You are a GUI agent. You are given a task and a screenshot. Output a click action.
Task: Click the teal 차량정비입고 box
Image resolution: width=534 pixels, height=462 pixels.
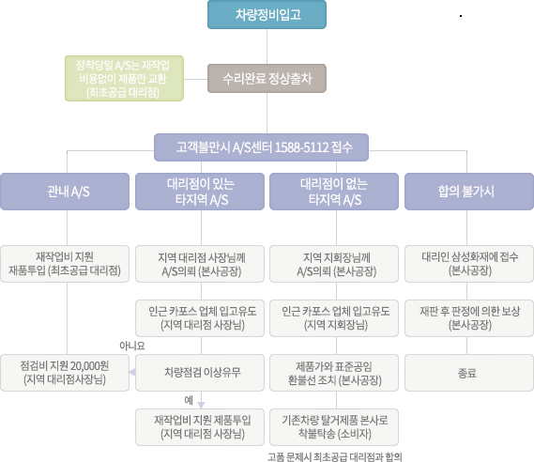tap(267, 14)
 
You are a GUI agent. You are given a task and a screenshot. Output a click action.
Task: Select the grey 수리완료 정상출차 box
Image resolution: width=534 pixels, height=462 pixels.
tap(267, 78)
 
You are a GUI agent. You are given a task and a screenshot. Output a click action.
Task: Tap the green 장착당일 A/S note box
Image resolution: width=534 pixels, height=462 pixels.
tap(124, 78)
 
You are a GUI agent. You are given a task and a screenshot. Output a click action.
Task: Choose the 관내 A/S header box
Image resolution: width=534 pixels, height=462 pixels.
tap(65, 192)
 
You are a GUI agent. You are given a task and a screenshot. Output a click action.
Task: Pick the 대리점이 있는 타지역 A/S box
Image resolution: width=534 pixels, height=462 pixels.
tap(200, 192)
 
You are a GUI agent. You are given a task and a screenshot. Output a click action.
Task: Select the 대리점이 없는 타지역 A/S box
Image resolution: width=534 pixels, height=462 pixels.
tap(334, 192)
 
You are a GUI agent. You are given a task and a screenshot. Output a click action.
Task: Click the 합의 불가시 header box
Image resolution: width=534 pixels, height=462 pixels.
tap(469, 192)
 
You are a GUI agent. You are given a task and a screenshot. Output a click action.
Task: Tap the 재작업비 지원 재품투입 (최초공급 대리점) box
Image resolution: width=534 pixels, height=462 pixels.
tap(65, 264)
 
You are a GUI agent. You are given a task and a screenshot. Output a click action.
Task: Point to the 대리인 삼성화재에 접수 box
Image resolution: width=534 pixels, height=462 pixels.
tap(469, 264)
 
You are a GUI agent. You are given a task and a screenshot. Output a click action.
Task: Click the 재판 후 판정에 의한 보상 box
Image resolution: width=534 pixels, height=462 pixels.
tap(469, 318)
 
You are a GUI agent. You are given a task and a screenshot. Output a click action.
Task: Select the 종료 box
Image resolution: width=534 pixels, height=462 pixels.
tap(469, 373)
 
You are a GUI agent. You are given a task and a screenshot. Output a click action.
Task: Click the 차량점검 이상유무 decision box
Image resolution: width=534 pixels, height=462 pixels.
tap(200, 373)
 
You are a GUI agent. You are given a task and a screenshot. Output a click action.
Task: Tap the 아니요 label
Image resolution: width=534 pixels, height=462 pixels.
tap(132, 346)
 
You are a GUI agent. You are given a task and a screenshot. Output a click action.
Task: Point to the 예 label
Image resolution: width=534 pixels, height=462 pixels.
tap(189, 400)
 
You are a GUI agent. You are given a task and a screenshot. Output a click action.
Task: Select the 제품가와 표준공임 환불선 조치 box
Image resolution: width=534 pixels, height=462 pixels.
tap(334, 373)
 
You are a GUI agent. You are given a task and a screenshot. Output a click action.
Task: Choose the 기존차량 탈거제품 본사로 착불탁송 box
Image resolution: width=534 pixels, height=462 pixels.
tap(334, 427)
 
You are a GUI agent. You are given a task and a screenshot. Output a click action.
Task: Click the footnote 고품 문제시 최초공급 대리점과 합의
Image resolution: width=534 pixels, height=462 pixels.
tap(335, 456)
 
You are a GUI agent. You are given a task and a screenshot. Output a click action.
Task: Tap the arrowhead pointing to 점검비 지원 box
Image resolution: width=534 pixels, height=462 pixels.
tap(132, 373)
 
